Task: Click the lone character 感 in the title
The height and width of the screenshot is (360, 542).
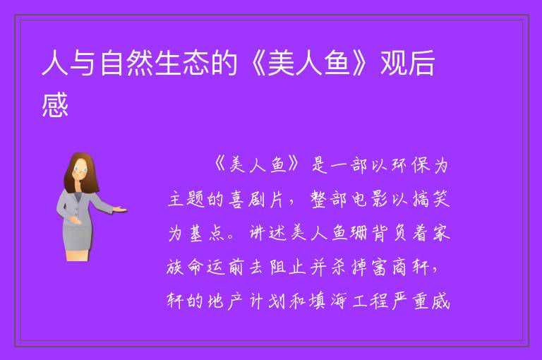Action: pyautogui.click(x=55, y=104)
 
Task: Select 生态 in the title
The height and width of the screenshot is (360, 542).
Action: pyautogui.click(x=182, y=63)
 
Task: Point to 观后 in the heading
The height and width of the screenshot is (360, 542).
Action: pyautogui.click(x=408, y=63)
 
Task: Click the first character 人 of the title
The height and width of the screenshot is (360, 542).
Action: pyautogui.click(x=55, y=63)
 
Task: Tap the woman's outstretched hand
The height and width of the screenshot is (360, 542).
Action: pyautogui.click(x=120, y=209)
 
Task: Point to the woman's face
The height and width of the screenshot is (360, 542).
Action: pyautogui.click(x=80, y=170)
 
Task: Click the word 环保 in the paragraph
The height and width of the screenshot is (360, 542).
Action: pyautogui.click(x=410, y=165)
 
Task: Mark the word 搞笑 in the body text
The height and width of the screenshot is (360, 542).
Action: pyautogui.click(x=431, y=200)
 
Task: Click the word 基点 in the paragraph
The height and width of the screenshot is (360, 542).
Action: pyautogui.click(x=207, y=234)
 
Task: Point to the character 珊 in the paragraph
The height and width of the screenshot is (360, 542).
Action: pyautogui.click(x=359, y=234)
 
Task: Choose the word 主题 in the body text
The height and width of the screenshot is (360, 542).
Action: pyautogui.click(x=186, y=200)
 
